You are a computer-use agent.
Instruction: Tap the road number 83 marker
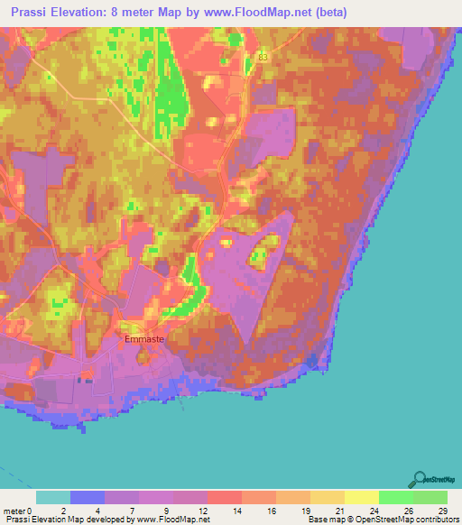point(263,57)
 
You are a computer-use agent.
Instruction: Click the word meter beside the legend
point(14,511)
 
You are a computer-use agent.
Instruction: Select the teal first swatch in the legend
point(53,497)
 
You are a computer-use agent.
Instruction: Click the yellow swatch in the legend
point(362,497)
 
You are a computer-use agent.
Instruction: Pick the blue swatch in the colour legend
point(88,497)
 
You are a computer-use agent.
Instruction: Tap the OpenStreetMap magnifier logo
point(420,481)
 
